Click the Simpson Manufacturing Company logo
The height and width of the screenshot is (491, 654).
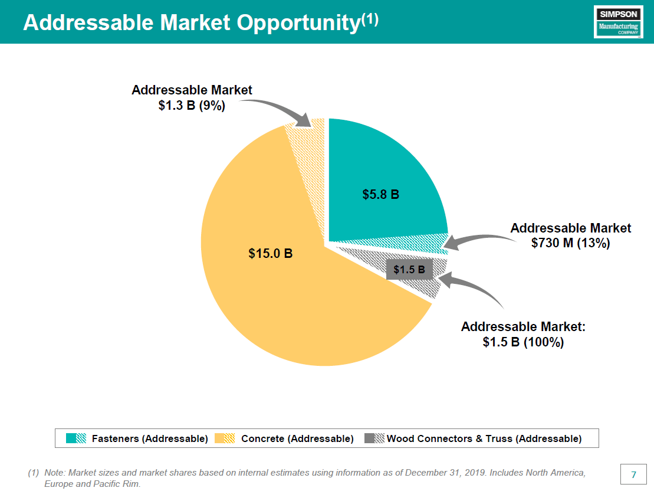[x=618, y=22]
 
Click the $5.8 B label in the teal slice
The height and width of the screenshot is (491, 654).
[x=380, y=194]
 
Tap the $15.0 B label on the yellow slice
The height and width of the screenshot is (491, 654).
[x=271, y=254]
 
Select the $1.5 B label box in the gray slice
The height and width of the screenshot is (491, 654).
[x=409, y=270]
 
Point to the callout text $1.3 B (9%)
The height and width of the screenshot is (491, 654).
[x=192, y=106]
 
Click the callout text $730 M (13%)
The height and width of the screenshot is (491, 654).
[x=570, y=243]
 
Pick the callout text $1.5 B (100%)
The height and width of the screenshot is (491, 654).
[x=523, y=342]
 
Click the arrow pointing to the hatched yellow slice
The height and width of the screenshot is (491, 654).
[x=277, y=111]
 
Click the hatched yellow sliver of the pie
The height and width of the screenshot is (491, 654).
[x=307, y=150]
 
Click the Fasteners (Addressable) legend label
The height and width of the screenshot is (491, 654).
[x=150, y=438]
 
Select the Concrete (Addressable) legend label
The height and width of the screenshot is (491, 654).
[x=297, y=438]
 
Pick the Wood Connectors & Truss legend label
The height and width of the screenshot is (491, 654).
[x=484, y=438]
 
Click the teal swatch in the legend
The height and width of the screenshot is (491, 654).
[x=76, y=438]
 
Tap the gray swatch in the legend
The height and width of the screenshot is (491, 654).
[x=374, y=438]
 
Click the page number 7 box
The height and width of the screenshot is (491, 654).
[x=633, y=475]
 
